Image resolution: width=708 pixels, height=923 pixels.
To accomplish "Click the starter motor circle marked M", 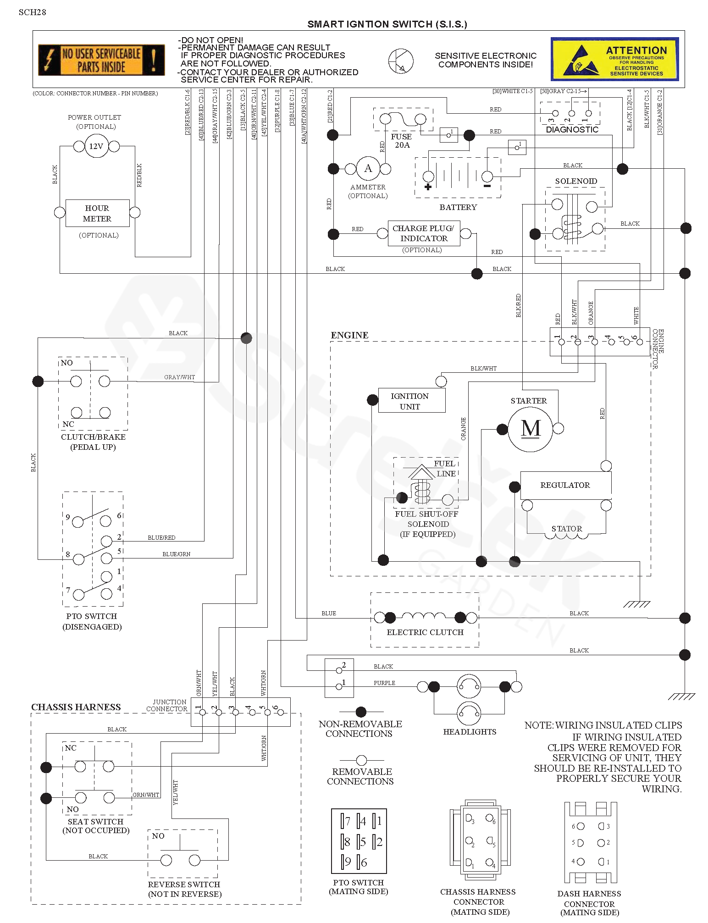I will click(531, 429).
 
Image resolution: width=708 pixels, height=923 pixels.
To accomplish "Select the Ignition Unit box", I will click(411, 401).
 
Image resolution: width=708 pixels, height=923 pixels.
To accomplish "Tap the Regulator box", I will click(565, 485).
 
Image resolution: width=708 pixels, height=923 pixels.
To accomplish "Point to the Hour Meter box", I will click(97, 213).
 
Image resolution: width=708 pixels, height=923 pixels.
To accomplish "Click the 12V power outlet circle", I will click(96, 146).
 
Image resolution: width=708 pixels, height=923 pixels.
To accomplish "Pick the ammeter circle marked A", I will click(368, 169).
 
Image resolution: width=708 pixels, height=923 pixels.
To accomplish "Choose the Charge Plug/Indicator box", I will click(424, 233).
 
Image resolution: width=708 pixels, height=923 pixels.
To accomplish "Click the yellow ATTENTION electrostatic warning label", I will click(614, 59).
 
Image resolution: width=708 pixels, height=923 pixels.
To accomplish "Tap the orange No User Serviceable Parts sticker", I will click(101, 60).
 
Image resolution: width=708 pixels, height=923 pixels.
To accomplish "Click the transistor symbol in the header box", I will click(401, 61).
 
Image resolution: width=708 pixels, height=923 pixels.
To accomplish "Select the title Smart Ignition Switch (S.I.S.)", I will click(387, 24).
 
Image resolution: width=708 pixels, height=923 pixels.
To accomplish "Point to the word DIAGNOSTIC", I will click(572, 130).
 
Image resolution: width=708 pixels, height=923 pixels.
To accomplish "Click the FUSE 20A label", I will click(401, 141).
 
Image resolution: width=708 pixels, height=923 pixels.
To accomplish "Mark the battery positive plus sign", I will click(428, 187).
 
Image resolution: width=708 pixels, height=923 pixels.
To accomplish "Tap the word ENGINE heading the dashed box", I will click(349, 335).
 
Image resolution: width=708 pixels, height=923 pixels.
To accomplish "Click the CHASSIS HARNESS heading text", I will click(76, 707).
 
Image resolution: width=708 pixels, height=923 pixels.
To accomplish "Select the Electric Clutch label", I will click(425, 632).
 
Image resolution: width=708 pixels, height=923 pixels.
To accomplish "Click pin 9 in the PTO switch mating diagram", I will click(347, 862).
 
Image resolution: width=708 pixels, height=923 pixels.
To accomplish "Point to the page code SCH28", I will click(32, 12).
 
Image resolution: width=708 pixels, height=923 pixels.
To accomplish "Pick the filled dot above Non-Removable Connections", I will click(361, 712).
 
